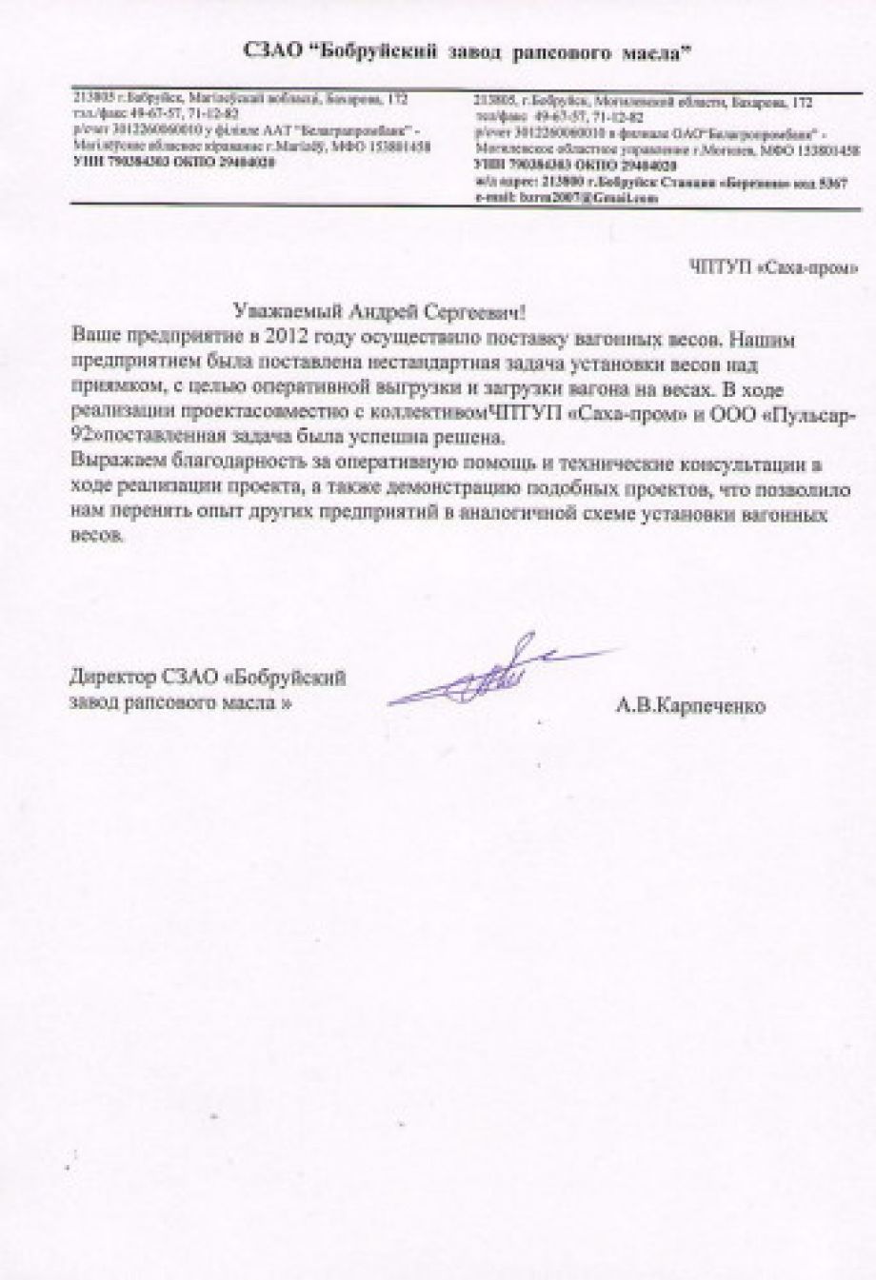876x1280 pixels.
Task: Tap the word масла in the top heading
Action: point(652,56)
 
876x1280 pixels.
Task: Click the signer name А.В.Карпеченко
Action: point(691,706)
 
